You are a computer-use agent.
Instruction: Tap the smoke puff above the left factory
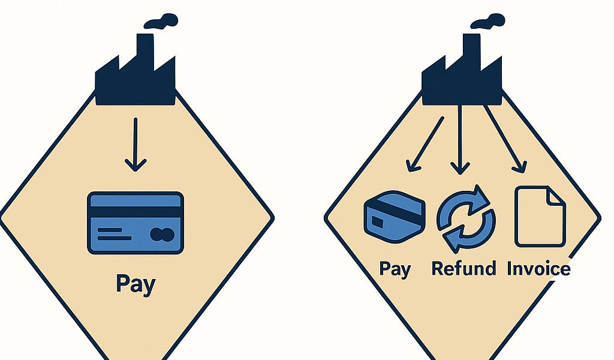coord(161,21)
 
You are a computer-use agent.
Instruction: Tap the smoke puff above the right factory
coord(487,21)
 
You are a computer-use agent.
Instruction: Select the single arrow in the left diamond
coord(136,145)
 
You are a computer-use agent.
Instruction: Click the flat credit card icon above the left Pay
coord(136,223)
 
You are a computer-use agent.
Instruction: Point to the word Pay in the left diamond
coord(136,284)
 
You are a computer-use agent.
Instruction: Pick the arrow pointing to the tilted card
coord(425,144)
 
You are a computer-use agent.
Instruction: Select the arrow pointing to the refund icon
coord(460,139)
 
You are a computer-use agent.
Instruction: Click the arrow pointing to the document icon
coord(505,139)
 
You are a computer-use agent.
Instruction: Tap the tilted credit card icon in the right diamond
coord(395,217)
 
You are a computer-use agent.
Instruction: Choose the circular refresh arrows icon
coord(466,219)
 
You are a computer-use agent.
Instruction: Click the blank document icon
coord(540,217)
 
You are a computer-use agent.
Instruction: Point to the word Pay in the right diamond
coord(396,269)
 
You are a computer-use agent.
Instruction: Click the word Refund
coord(463,269)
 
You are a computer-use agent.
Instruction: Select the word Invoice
coord(539,269)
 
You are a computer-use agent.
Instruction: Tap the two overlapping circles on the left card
coord(162,234)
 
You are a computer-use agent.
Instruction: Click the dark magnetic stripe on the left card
coord(136,212)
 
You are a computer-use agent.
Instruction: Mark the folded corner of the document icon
coord(557,195)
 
